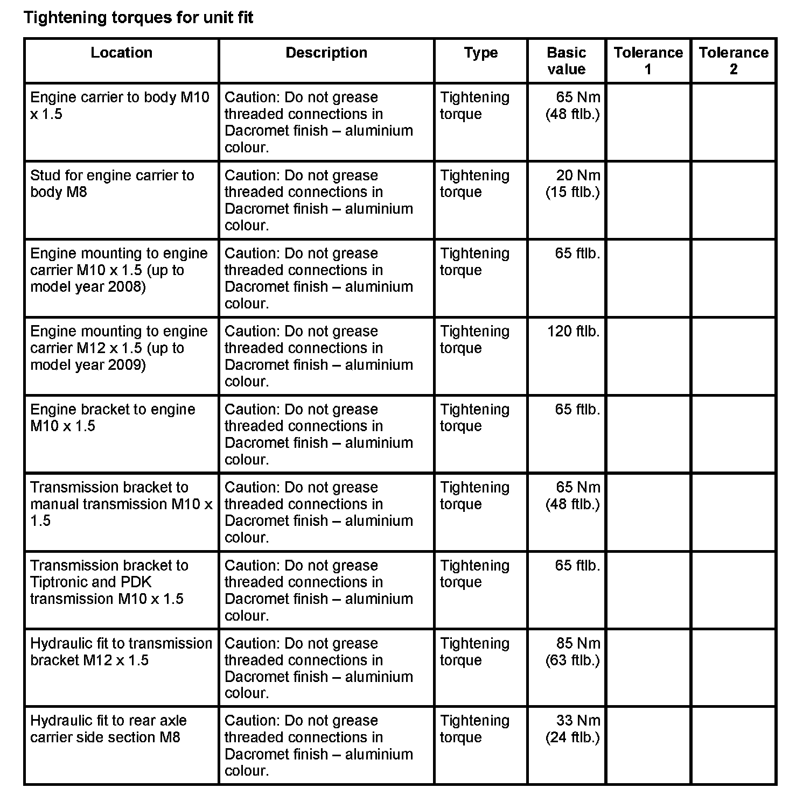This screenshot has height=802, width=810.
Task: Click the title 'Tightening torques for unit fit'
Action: pyautogui.click(x=138, y=18)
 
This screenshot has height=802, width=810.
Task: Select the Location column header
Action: pyautogui.click(x=121, y=53)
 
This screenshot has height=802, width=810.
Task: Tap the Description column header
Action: pyautogui.click(x=326, y=53)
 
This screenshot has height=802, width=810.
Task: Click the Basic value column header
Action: pyautogui.click(x=566, y=61)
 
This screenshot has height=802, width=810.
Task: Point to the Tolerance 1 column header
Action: pyautogui.click(x=648, y=61)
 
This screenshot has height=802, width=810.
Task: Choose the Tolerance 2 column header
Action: pyautogui.click(x=733, y=61)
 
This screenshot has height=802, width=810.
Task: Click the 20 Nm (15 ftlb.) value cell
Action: pyautogui.click(x=572, y=184)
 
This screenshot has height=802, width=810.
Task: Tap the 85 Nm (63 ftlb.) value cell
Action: pyautogui.click(x=572, y=652)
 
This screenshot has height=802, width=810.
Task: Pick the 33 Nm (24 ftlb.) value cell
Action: pyautogui.click(x=572, y=729)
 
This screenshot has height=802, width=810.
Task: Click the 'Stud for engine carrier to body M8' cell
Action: pyautogui.click(x=112, y=184)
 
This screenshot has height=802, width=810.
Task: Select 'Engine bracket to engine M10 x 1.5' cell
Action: pyautogui.click(x=113, y=418)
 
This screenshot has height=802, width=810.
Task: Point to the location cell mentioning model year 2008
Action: pyautogui.click(x=118, y=270)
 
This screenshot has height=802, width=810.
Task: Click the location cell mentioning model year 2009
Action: pyautogui.click(x=118, y=348)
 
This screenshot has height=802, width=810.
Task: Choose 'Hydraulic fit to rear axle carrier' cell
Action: pyautogui.click(x=108, y=729)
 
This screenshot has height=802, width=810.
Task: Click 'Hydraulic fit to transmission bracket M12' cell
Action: pyautogui.click(x=121, y=652)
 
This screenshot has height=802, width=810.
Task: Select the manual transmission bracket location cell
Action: pyautogui.click(x=121, y=504)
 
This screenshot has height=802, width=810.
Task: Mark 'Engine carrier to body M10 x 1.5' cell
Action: pyautogui.click(x=120, y=105)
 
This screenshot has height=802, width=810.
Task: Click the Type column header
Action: pyautogui.click(x=480, y=53)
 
